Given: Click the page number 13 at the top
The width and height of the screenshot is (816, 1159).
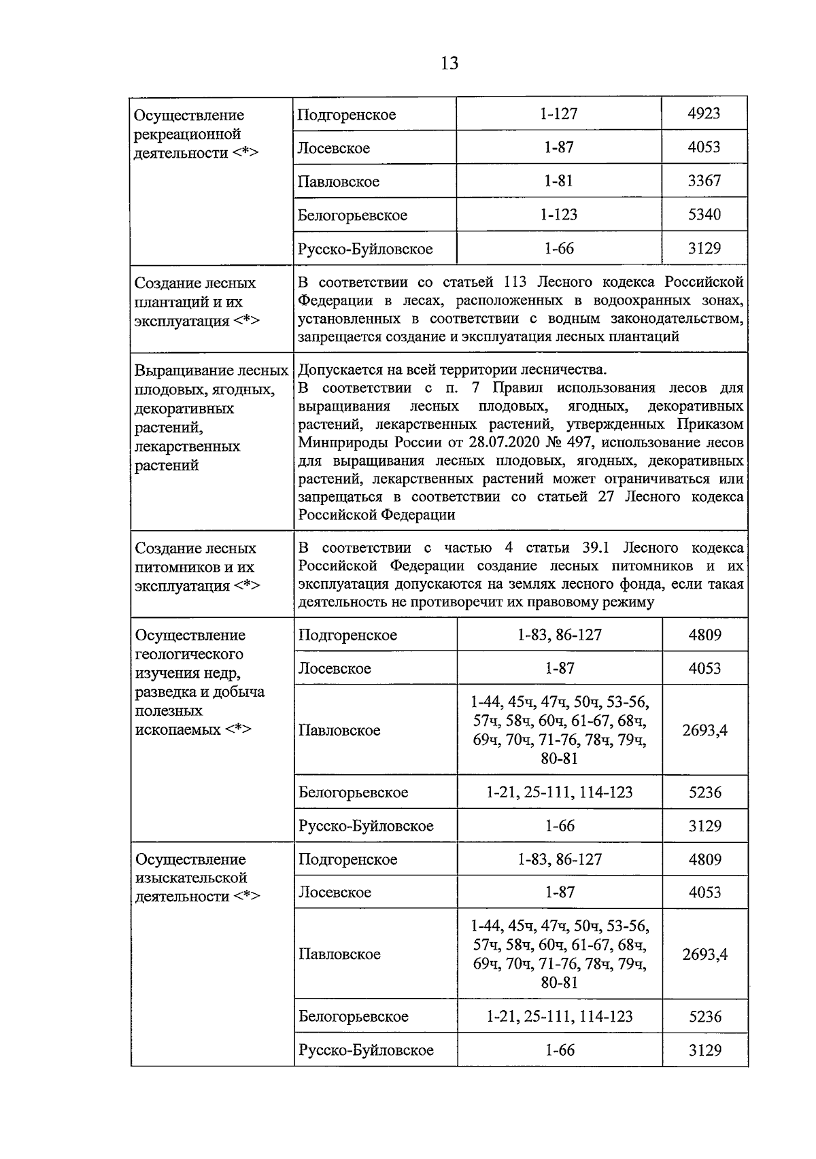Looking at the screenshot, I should [x=449, y=63].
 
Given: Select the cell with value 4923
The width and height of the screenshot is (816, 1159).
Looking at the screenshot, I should [x=704, y=114].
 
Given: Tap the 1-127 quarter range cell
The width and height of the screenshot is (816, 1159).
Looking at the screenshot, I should [x=559, y=114].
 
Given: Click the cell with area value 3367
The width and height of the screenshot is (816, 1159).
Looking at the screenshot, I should [x=704, y=181].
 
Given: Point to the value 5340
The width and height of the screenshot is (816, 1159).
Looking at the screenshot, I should [x=704, y=215].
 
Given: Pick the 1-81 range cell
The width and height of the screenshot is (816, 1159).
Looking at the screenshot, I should [x=559, y=181].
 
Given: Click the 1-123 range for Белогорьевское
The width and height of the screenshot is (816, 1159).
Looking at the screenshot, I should [x=559, y=215].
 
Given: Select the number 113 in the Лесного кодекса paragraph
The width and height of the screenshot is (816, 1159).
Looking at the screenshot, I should [x=517, y=282].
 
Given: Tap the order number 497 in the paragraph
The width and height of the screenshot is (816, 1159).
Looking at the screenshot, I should [x=579, y=443].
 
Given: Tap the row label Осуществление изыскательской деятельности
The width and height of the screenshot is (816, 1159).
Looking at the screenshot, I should [x=197, y=878].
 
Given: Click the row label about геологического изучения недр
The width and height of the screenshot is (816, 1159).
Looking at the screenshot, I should [x=200, y=682].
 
